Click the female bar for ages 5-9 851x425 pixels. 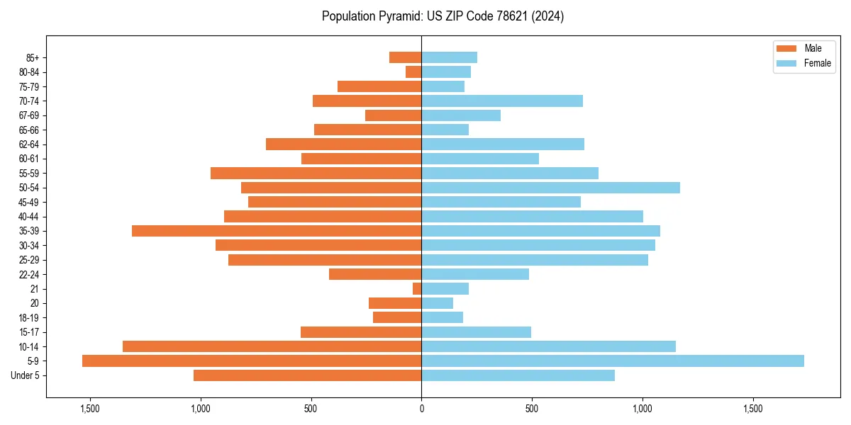[x=613, y=361]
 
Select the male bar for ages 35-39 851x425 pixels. [x=277, y=231]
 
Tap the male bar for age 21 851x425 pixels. [x=417, y=289]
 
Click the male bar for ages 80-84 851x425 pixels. [x=413, y=72]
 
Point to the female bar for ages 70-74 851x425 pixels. [x=502, y=101]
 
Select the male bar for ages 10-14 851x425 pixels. [x=272, y=346]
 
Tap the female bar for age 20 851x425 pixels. [x=438, y=303]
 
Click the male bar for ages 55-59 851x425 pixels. [x=316, y=173]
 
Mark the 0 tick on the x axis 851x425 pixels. [x=421, y=409]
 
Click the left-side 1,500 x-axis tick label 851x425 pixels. [x=90, y=409]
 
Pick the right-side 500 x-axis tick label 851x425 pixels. [x=532, y=409]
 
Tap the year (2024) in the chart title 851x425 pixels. [x=550, y=16]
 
